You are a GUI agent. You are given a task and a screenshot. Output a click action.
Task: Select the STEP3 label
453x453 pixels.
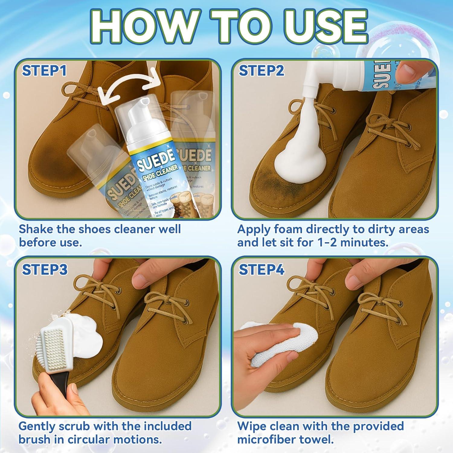[x=45, y=270]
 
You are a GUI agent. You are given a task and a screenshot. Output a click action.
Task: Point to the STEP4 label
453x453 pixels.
[x=262, y=270]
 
